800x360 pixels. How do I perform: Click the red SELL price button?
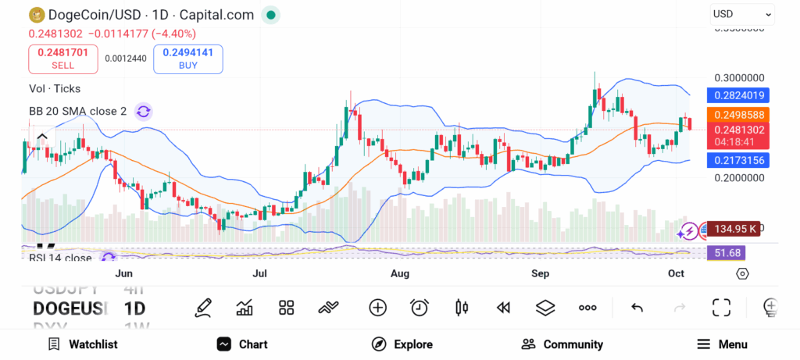[x=63, y=59]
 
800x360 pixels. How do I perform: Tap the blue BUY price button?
[x=188, y=59]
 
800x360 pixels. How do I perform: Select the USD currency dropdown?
[x=741, y=14]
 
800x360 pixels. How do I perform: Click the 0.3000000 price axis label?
[x=739, y=78]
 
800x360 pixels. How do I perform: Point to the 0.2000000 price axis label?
[x=739, y=177]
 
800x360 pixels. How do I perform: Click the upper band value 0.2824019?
[x=738, y=96]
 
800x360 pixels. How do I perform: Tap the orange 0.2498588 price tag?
[x=738, y=114]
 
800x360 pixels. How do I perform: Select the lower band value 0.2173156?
[x=738, y=160]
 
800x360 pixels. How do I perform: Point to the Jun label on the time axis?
[x=123, y=273]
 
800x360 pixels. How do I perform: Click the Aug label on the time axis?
[x=399, y=273]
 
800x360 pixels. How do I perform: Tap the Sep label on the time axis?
[x=540, y=273]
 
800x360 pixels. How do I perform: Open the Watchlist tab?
[x=83, y=344]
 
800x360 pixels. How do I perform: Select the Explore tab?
[x=402, y=344]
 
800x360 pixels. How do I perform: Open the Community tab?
[x=562, y=344]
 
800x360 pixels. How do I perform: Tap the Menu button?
[x=722, y=344]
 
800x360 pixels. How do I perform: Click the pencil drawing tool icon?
[x=203, y=308]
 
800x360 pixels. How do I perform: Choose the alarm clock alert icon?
[x=420, y=308]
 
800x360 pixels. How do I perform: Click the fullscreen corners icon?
[x=721, y=308]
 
